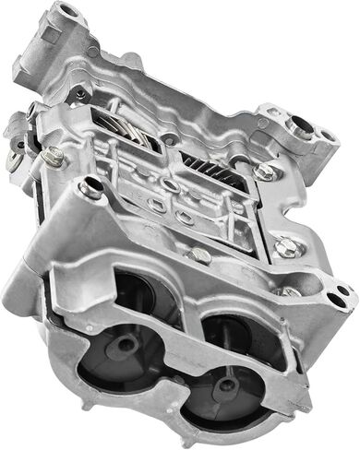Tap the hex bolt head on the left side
tap(53, 159)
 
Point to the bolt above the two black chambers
tap(91, 189)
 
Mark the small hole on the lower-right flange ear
tap(342, 293)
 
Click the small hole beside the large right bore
tap(325, 136)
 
